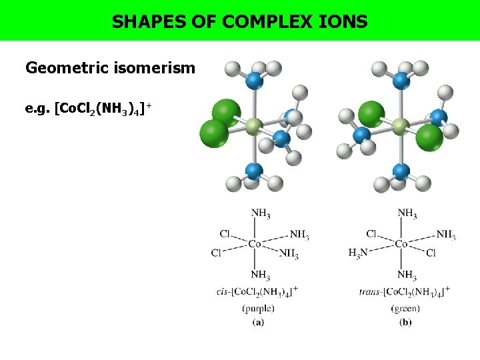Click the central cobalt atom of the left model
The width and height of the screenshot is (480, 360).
253,126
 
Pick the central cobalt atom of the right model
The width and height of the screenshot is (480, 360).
400,126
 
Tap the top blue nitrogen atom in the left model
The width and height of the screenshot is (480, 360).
253,81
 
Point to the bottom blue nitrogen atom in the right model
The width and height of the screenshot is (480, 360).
401,171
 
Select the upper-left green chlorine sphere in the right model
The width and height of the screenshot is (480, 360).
371,114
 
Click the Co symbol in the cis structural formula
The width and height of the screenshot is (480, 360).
255,244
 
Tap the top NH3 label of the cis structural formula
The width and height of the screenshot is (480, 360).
261,214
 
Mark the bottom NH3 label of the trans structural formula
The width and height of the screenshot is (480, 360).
407,275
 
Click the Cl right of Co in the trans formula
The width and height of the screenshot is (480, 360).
431,253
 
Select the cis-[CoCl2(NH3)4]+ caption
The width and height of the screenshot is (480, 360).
257,291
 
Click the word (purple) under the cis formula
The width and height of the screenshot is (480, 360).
259,308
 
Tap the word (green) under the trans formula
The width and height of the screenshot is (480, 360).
405,308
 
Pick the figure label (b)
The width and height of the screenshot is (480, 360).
405,322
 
